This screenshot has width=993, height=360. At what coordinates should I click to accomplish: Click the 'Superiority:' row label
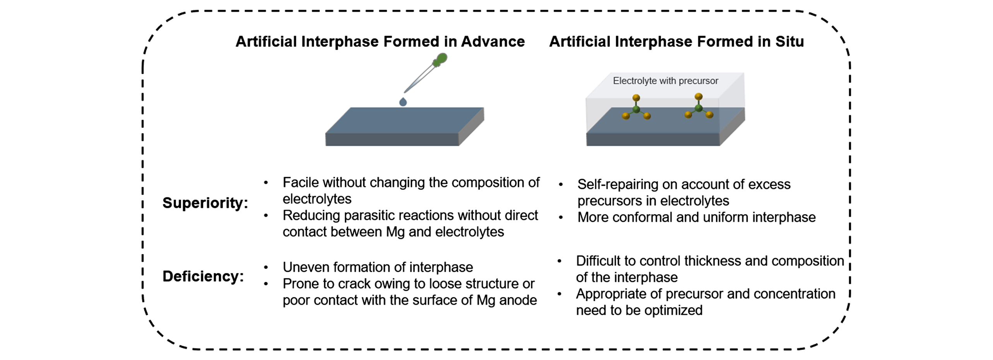point(205,203)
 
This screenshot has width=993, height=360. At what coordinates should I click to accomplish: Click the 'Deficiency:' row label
point(203,276)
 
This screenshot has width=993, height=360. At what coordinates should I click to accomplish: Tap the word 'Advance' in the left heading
point(493,41)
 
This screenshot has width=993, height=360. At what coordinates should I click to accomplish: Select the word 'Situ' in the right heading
point(790,41)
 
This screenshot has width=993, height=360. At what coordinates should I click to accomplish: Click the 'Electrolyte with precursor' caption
point(665,81)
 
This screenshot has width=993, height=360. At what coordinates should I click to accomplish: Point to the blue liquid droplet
point(403,102)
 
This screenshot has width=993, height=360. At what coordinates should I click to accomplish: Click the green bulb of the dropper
point(440,60)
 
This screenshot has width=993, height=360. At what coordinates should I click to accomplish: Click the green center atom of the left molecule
point(636,110)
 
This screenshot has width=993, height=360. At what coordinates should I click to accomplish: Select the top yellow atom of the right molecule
point(698,97)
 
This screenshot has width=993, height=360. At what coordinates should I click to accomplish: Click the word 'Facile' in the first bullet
point(301,183)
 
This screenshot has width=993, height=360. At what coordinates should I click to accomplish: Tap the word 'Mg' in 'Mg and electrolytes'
point(395,232)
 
